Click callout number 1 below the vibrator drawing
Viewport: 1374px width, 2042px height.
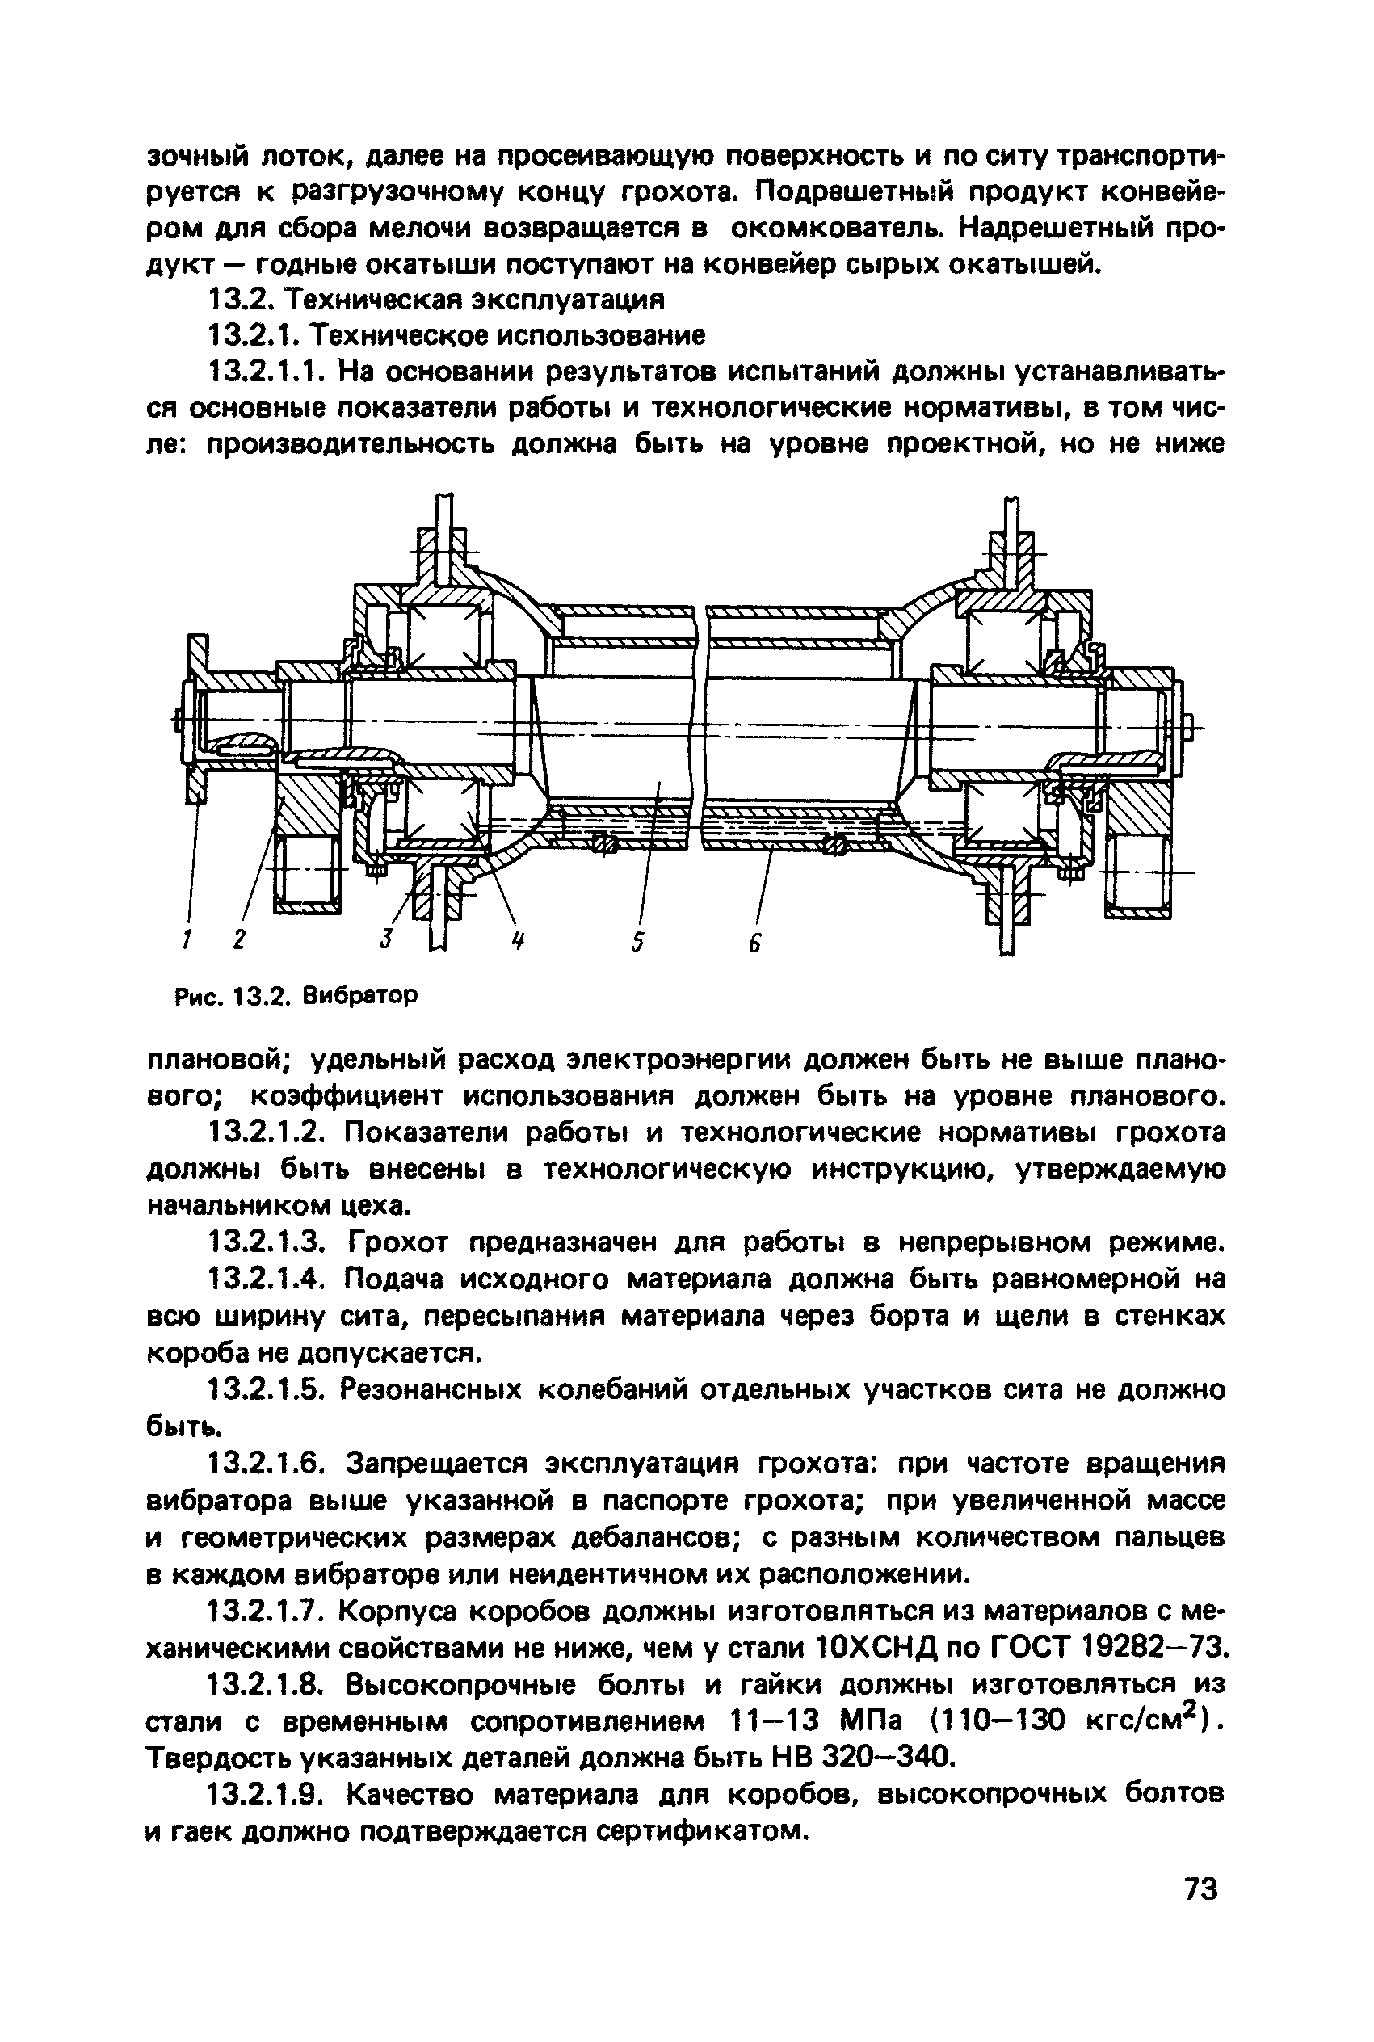(x=186, y=940)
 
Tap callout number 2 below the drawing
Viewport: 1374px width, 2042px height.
(x=239, y=940)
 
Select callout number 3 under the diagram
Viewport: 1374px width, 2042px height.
(x=384, y=940)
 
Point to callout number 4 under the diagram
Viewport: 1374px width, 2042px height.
(x=518, y=941)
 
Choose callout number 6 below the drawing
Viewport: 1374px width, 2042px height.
(x=755, y=942)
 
